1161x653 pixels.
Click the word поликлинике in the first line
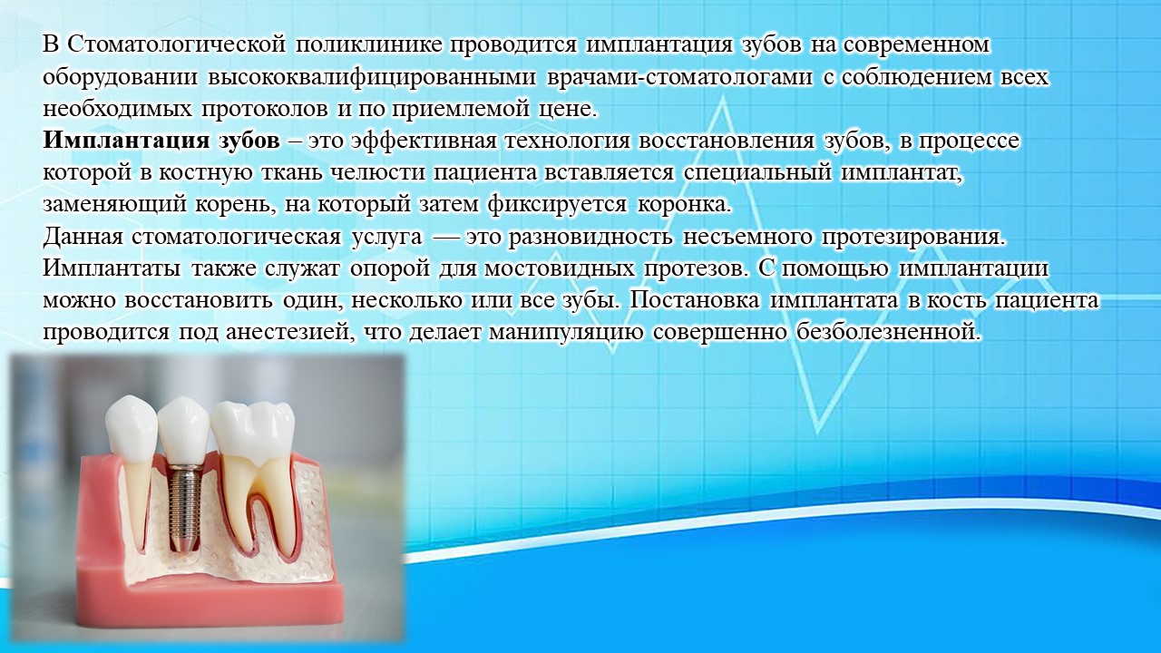pyautogui.click(x=369, y=45)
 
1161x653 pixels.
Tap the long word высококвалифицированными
pyautogui.click(x=372, y=77)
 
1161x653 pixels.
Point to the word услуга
pyautogui.click(x=387, y=238)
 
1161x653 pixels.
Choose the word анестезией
pyautogui.click(x=288, y=333)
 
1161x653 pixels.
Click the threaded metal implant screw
pyautogui.click(x=181, y=507)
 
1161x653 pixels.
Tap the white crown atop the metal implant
pyautogui.click(x=183, y=429)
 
